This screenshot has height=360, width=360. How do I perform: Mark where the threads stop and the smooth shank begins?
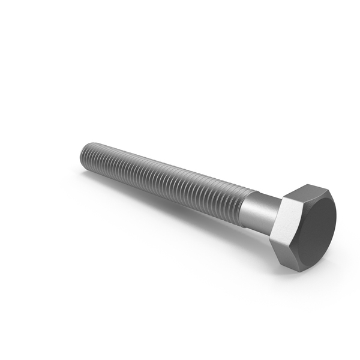pos(242,203)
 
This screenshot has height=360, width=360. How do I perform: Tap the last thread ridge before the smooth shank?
pos(239,202)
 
